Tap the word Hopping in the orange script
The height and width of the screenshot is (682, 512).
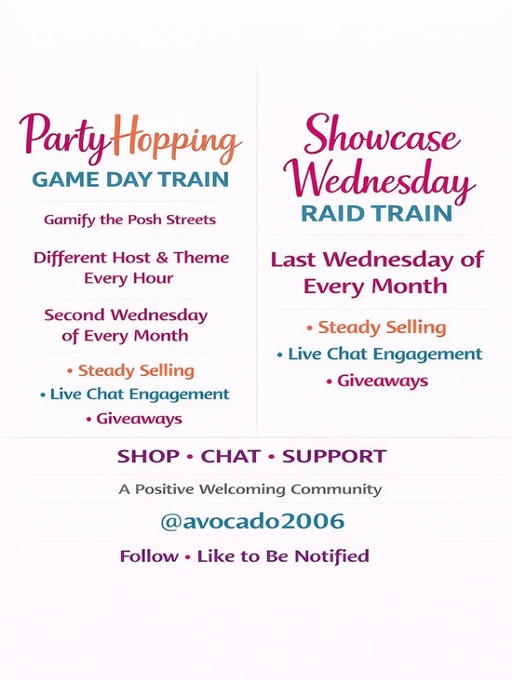click(x=179, y=142)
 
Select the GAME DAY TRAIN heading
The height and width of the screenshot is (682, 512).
click(x=130, y=180)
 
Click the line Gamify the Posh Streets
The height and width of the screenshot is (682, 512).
click(x=129, y=220)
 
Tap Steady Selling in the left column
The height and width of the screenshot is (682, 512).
click(x=134, y=370)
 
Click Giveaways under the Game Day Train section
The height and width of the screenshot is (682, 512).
click(x=139, y=419)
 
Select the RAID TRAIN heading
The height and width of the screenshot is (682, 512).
click(x=376, y=213)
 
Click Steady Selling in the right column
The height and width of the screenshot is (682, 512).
click(x=381, y=328)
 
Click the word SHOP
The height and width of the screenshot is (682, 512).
click(x=147, y=457)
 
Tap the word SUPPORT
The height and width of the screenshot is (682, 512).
click(x=334, y=457)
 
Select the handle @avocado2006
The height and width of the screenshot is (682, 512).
click(x=253, y=522)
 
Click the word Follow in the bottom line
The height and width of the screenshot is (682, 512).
click(x=149, y=556)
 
